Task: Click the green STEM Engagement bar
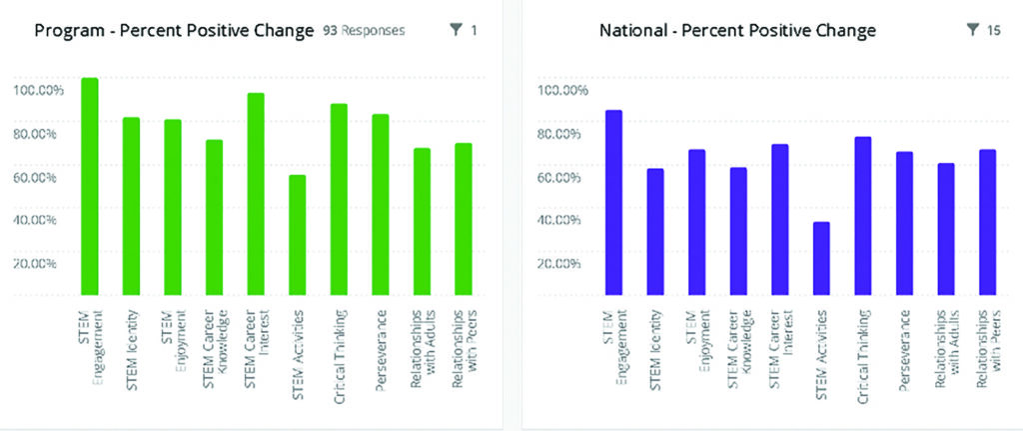pos(90,186)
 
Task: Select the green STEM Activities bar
pos(297,235)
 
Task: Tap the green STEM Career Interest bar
pos(256,194)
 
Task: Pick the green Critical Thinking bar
pos(339,199)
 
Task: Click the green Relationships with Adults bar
pos(422,221)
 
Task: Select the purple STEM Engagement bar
pos(613,202)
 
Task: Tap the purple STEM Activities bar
pos(821,258)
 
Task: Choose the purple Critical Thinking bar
pos(863,215)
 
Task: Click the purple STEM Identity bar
pos(655,231)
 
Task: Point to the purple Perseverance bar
pos(904,223)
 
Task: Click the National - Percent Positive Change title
pos(737,31)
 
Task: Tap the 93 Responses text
pos(364,31)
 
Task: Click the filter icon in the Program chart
pos(457,31)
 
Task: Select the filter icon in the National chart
pos(973,31)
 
